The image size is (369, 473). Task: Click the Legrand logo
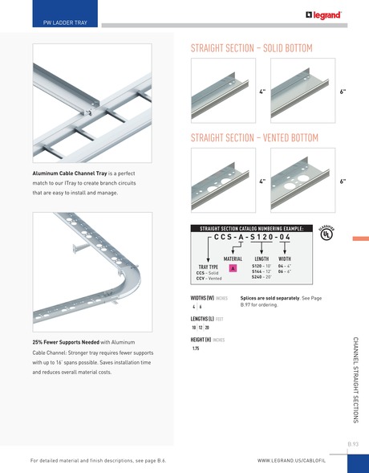pos(323,14)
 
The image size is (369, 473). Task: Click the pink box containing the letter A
pos(233,269)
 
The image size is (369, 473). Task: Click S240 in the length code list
pos(261,277)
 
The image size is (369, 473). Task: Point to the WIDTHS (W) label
pos(201,299)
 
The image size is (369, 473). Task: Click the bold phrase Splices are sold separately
pos(264,299)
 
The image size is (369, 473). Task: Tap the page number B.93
pos(353,443)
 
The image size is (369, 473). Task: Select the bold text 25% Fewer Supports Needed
pos(65,342)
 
